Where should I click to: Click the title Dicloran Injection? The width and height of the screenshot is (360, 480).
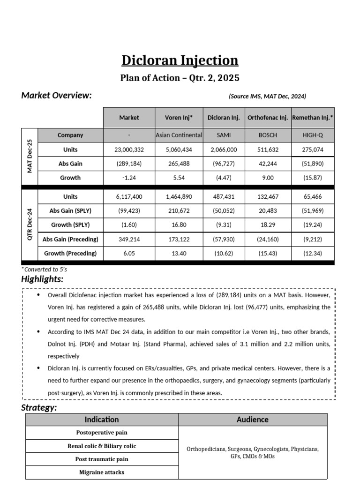[x=180, y=60]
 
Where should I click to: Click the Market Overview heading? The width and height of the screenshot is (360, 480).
[x=56, y=96]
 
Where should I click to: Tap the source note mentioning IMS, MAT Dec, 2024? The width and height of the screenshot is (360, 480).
[x=267, y=96]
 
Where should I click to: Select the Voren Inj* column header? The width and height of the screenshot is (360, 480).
[x=179, y=118]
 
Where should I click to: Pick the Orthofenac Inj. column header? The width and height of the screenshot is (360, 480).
[x=268, y=118]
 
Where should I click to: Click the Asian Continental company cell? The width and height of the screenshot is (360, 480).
[x=179, y=135]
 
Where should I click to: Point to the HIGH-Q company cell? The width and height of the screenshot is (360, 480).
[x=313, y=135]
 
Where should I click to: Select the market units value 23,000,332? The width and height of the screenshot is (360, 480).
[x=129, y=150]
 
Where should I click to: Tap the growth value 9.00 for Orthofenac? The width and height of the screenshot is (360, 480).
[x=268, y=178]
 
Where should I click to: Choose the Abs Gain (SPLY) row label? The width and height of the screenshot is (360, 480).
[x=70, y=211]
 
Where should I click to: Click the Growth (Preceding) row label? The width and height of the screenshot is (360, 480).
[x=70, y=254]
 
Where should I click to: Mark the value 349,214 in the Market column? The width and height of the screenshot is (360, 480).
[x=129, y=240]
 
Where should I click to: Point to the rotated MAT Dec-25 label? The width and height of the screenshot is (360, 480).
[x=30, y=156]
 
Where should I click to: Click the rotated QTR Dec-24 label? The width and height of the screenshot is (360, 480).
[x=30, y=225]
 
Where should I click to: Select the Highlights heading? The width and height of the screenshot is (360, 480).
[x=43, y=279]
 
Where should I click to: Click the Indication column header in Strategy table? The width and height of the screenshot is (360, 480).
[x=102, y=420]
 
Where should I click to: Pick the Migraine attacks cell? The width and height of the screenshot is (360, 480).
[x=102, y=472]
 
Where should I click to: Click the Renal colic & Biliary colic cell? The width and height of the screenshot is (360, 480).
[x=102, y=446]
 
